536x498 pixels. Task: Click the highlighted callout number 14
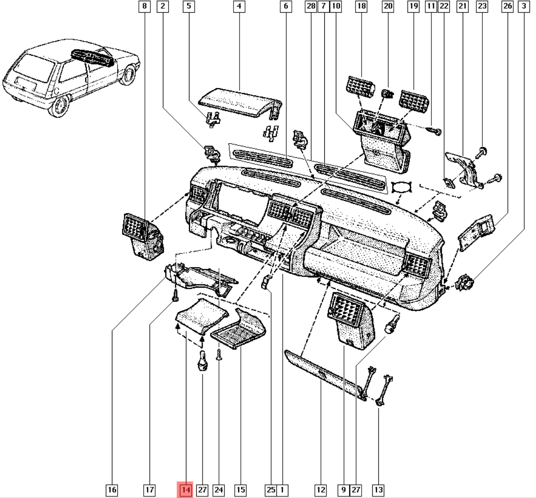click(186, 490)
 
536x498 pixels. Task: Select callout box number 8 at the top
click(144, 6)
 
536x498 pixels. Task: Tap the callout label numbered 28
click(311, 6)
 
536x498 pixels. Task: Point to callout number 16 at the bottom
click(112, 490)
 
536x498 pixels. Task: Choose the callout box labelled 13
click(378, 490)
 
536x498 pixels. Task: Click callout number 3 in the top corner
click(524, 6)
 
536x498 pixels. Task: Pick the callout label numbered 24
click(219, 490)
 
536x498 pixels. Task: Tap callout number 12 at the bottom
click(321, 490)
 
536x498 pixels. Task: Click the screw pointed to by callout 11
click(435, 131)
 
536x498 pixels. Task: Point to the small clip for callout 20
click(388, 93)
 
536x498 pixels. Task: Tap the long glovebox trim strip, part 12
click(324, 374)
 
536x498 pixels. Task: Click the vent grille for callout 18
click(360, 86)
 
